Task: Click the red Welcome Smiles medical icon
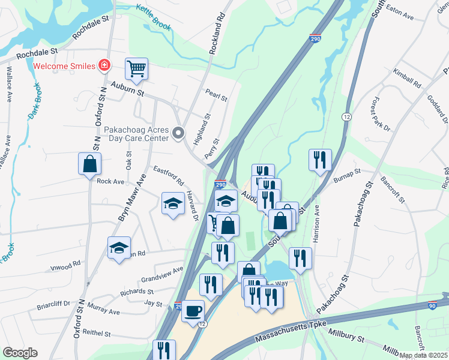point(105,65)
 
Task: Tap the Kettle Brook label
point(153,17)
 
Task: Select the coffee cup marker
point(193,311)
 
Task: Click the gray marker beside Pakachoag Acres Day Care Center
point(178,134)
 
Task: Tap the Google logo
point(20,353)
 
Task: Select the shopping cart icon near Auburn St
point(137,69)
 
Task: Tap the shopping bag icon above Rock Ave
point(89,163)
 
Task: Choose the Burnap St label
point(348,175)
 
